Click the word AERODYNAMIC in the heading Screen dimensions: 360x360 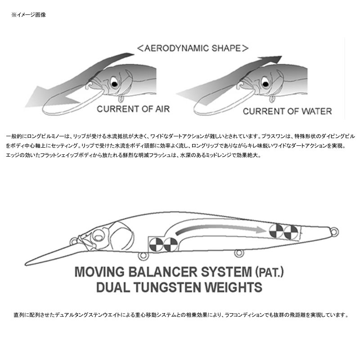coord(176,48)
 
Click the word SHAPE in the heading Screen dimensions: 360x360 coord(226,48)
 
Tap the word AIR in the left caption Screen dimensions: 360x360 coord(162,109)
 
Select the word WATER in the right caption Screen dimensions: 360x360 coord(316,111)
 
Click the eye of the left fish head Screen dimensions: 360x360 coord(114,82)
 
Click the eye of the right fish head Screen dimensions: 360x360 coord(265,82)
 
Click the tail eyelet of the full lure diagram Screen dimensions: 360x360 coord(334,232)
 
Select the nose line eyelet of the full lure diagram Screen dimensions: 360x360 coord(74,242)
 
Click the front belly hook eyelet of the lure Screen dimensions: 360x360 coord(143,256)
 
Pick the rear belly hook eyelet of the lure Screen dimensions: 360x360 coord(238,253)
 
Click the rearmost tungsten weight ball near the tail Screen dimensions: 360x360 coord(291,232)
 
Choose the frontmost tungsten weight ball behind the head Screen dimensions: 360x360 coord(156,244)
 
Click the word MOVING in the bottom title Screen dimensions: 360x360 coord(100,272)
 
